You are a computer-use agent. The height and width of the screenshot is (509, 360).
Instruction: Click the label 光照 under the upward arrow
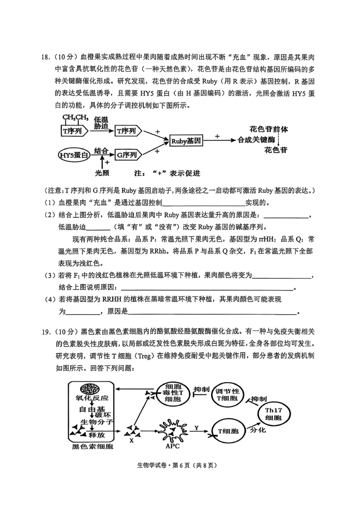point(103,173)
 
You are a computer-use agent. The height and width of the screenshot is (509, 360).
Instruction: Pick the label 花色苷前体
point(269,129)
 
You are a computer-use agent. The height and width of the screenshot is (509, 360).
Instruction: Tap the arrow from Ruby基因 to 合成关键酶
point(220,140)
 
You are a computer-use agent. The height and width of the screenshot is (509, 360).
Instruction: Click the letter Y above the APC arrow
point(196,427)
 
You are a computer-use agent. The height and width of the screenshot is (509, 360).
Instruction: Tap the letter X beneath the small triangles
point(131,441)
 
